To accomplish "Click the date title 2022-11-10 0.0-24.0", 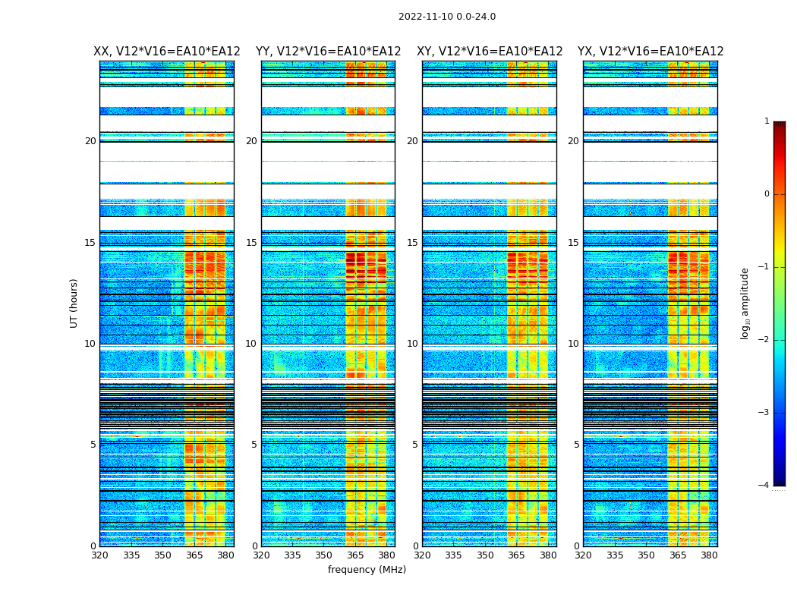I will pyautogui.click(x=447, y=17).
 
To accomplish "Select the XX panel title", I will pyautogui.click(x=167, y=52).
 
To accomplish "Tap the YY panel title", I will pyautogui.click(x=328, y=52).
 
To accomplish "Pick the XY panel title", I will pyautogui.click(x=490, y=52).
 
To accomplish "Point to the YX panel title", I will pyautogui.click(x=651, y=52).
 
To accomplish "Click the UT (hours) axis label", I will pyautogui.click(x=74, y=303).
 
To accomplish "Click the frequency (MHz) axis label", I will pyautogui.click(x=367, y=570).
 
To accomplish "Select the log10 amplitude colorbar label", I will pyautogui.click(x=745, y=303).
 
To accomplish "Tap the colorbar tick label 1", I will pyautogui.click(x=766, y=121).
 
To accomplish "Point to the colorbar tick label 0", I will pyautogui.click(x=766, y=194).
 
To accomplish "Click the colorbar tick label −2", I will pyautogui.click(x=764, y=340).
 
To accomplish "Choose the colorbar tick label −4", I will pyautogui.click(x=764, y=486).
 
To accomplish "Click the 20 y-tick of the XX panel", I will pyautogui.click(x=90, y=141).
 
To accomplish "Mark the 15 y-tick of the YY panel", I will pyautogui.click(x=251, y=243).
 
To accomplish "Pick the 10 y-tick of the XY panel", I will pyautogui.click(x=412, y=344).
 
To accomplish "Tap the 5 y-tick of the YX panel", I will pyautogui.click(x=576, y=445).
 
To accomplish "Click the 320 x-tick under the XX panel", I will pyautogui.click(x=99, y=555).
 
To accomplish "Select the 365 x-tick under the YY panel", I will pyautogui.click(x=355, y=555).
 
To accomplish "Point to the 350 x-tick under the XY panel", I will pyautogui.click(x=485, y=555).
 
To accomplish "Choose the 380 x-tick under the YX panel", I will pyautogui.click(x=709, y=555).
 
